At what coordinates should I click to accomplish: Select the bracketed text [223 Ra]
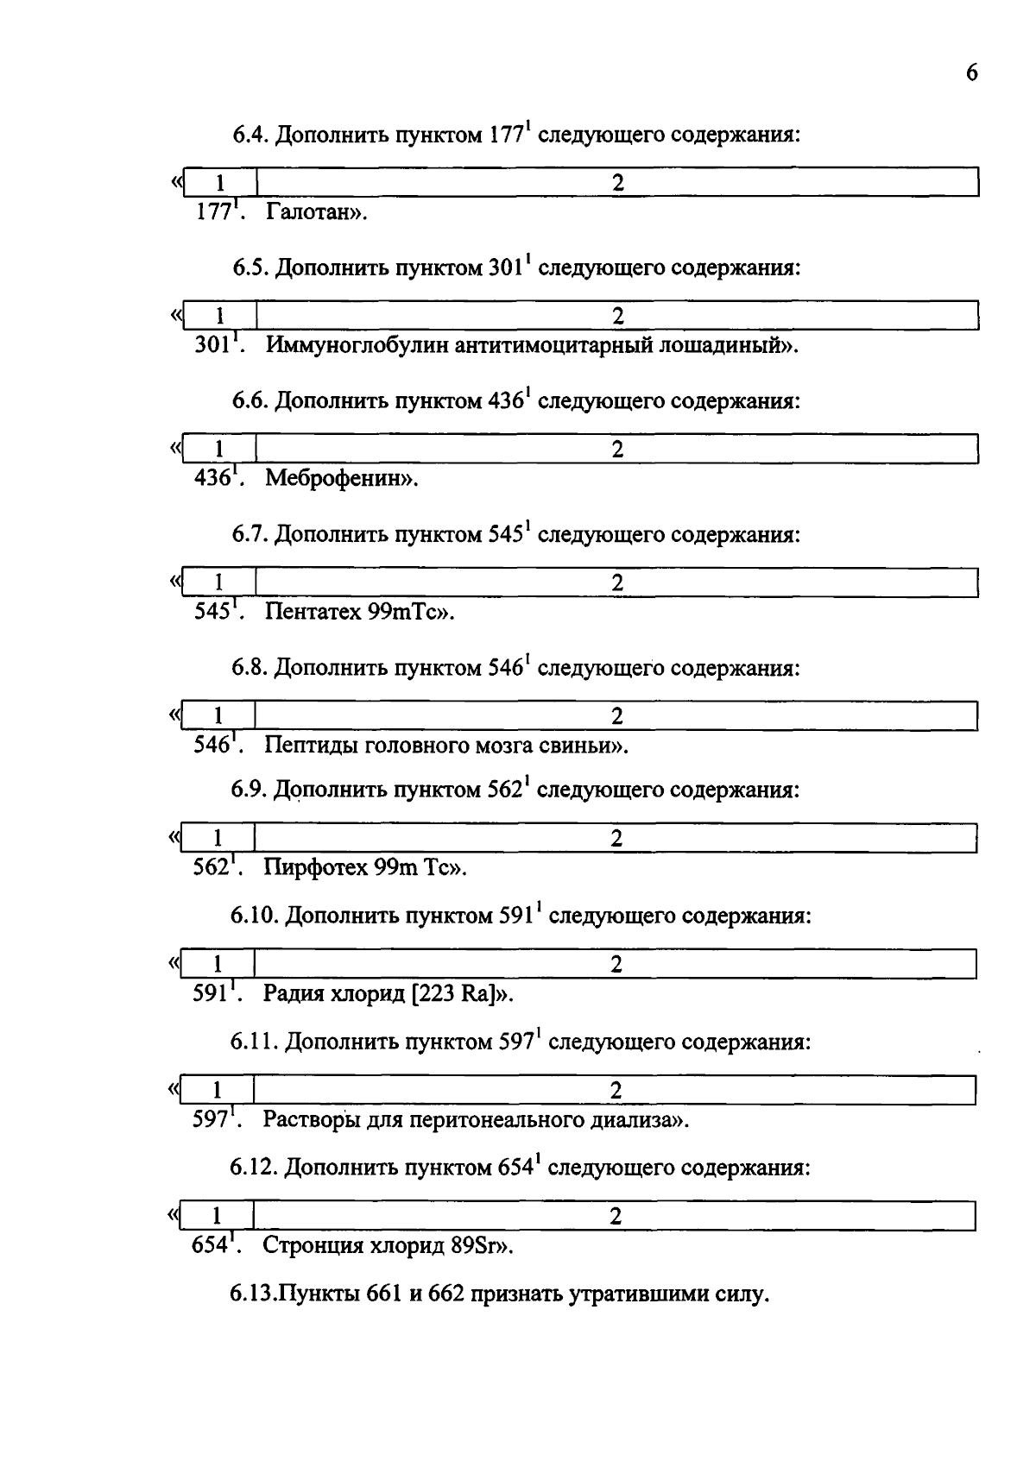457,993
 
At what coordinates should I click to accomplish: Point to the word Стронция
313,1245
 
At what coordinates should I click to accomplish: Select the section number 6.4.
250,135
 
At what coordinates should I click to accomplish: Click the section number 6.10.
254,916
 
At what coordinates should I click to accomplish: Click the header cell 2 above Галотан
617,182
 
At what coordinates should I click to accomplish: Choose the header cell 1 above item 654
217,1216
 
